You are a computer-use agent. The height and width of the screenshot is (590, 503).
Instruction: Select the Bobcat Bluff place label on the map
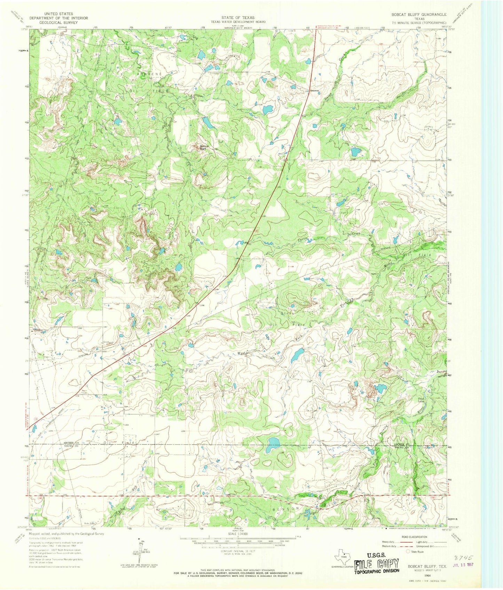204,148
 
